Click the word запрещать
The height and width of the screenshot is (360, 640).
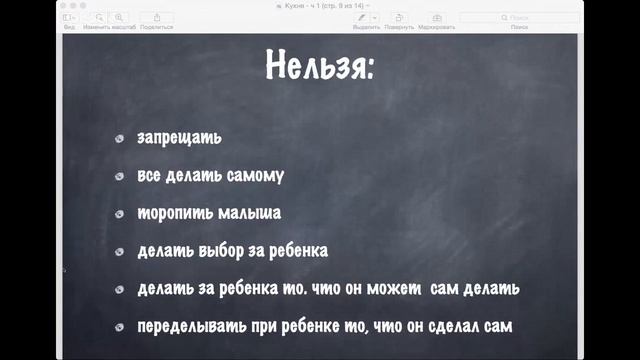click(x=180, y=137)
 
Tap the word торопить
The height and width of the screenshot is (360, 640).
click(x=171, y=213)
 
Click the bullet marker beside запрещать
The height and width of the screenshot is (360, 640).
click(x=119, y=138)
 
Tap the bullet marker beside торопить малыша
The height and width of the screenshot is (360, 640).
click(x=119, y=214)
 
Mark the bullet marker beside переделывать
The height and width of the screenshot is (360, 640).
click(x=119, y=328)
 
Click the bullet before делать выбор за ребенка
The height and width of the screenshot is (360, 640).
click(x=119, y=252)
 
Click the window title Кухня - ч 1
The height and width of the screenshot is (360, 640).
click(x=321, y=5)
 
